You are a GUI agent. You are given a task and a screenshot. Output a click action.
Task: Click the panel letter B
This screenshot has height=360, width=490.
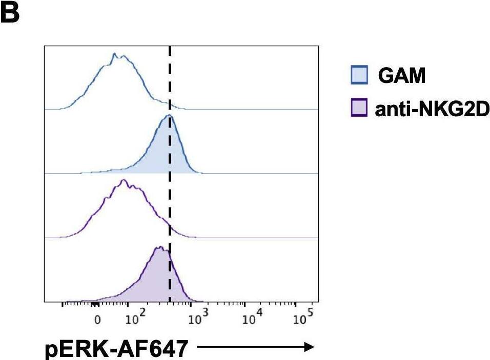[10, 14]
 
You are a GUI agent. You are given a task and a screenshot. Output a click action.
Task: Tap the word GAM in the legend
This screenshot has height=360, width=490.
[402, 77]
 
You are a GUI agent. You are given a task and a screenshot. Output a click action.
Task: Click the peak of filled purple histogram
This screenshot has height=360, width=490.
[159, 247]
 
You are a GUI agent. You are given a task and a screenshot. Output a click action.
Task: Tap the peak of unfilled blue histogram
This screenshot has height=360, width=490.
[115, 54]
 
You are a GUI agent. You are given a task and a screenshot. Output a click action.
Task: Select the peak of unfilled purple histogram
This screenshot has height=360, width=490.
[122, 180]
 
